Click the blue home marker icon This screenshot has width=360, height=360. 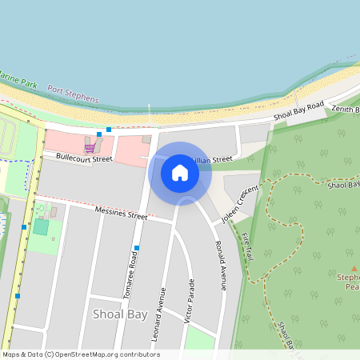tap(180, 173)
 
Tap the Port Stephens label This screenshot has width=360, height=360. tap(73, 94)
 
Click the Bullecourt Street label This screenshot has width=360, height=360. tap(78, 158)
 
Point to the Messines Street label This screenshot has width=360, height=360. tap(121, 214)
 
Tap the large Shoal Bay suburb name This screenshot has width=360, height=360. tap(120, 314)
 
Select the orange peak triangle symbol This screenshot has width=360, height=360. tap(354, 270)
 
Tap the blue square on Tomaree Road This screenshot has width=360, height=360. tap(137, 248)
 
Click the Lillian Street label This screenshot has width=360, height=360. tap(212, 160)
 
